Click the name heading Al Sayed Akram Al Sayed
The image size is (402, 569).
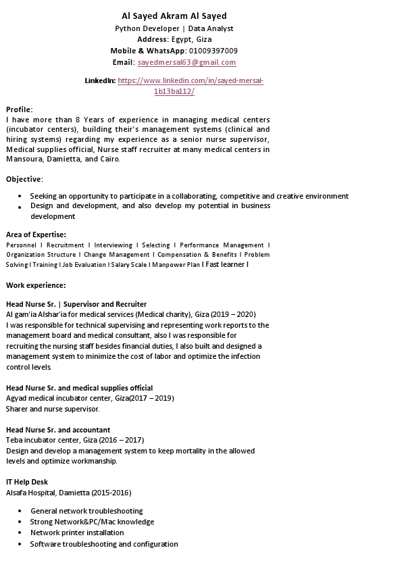(174, 16)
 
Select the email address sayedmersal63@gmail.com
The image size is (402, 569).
(186, 62)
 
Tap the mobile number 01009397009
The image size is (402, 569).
(213, 51)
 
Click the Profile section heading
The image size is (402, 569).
(19, 109)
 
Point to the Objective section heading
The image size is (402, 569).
(24, 179)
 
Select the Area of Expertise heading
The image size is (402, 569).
(36, 234)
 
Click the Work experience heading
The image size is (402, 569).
(36, 285)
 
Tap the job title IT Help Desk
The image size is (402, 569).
(27, 482)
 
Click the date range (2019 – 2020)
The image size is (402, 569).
(233, 314)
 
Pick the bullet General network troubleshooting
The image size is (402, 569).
(86, 511)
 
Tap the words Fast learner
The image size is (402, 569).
(225, 264)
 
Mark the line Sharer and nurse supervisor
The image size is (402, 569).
(53, 409)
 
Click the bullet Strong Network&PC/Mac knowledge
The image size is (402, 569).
(92, 522)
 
